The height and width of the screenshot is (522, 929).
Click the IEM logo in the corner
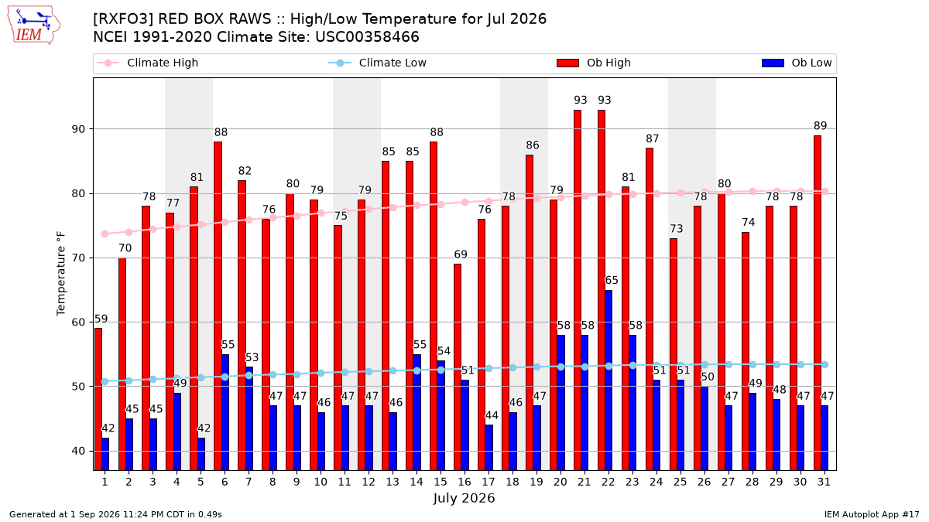[33, 26]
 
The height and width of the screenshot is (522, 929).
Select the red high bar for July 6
[218, 306]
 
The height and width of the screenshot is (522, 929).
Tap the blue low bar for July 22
[608, 380]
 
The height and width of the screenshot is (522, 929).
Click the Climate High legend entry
[147, 63]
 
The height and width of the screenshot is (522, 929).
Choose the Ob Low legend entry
[797, 63]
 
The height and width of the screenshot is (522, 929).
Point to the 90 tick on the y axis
[78, 129]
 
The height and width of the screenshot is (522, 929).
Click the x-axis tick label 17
[488, 482]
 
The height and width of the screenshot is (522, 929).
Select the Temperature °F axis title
[61, 274]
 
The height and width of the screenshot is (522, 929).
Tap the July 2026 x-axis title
[464, 497]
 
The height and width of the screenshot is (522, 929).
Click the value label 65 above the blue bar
[612, 281]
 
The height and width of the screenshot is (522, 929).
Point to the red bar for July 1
[98, 399]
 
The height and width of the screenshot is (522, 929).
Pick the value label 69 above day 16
[461, 254]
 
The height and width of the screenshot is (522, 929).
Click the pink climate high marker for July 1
[105, 234]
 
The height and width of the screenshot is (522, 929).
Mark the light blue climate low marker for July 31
[825, 364]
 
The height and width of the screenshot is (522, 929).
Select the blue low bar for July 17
[488, 448]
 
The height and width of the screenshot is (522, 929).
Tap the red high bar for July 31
[817, 303]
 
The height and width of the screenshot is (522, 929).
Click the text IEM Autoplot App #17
[872, 514]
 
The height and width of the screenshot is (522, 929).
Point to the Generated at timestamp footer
[115, 514]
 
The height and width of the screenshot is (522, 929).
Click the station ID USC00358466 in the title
[367, 37]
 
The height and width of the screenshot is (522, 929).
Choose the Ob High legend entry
[594, 63]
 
